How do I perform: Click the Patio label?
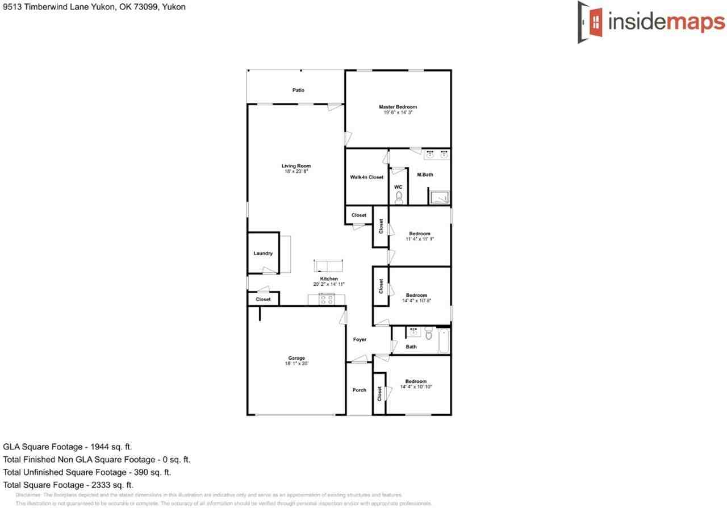pyautogui.click(x=298, y=90)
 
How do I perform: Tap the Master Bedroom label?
pyautogui.click(x=398, y=107)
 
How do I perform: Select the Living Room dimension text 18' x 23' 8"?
pyautogui.click(x=296, y=171)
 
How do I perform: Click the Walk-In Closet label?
pyautogui.click(x=366, y=177)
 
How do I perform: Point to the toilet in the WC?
pyautogui.click(x=399, y=197)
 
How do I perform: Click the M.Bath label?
pyautogui.click(x=425, y=174)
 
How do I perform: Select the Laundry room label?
pyautogui.click(x=263, y=253)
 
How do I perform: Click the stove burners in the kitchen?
pyautogui.click(x=327, y=299)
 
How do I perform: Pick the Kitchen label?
pyautogui.click(x=329, y=279)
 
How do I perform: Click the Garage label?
pyautogui.click(x=296, y=358)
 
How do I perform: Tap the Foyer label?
pyautogui.click(x=360, y=339)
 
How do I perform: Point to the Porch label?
pyautogui.click(x=359, y=390)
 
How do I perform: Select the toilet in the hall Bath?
pyautogui.click(x=429, y=334)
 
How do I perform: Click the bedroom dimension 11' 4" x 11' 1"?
pyautogui.click(x=420, y=239)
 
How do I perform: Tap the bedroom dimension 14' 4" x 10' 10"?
pyautogui.click(x=416, y=387)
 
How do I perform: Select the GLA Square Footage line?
pyautogui.click(x=68, y=447)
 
